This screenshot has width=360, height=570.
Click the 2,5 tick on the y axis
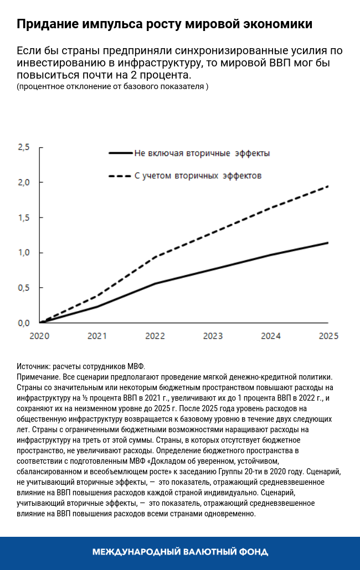pyautogui.click(x=24, y=147)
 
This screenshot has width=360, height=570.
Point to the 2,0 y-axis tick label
pyautogui.click(x=24, y=183)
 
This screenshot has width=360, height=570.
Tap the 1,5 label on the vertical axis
pyautogui.click(x=24, y=217)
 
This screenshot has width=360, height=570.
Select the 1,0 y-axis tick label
pyautogui.click(x=24, y=253)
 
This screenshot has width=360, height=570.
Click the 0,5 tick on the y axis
pyautogui.click(x=24, y=288)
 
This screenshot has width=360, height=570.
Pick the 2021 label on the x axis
pyautogui.click(x=97, y=335)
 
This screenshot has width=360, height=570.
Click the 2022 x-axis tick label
pyautogui.click(x=155, y=335)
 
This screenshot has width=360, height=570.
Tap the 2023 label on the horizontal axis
pyautogui.click(x=213, y=335)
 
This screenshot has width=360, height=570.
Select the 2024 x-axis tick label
pyautogui.click(x=271, y=335)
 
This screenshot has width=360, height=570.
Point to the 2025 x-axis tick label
pyautogui.click(x=328, y=335)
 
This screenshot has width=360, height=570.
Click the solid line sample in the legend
pyautogui.click(x=121, y=153)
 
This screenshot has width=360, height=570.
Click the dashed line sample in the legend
pyautogui.click(x=121, y=176)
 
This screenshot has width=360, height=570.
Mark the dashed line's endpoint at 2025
pyautogui.click(x=328, y=186)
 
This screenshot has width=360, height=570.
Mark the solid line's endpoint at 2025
pyautogui.click(x=328, y=242)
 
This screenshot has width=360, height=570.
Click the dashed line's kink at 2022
pyautogui.click(x=156, y=257)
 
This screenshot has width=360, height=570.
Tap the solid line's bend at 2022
pyautogui.click(x=156, y=283)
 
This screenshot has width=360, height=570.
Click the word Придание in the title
pyautogui.click(x=47, y=25)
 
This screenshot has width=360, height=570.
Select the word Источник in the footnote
pyautogui.click(x=34, y=367)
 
